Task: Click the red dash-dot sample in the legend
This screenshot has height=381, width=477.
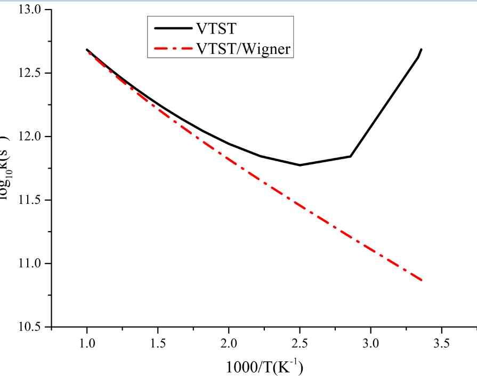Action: coord(171,49)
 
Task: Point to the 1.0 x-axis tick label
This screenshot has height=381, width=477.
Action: coord(87,342)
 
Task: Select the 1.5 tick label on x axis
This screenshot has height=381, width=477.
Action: coord(158,342)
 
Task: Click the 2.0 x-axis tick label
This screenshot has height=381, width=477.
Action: coord(229,342)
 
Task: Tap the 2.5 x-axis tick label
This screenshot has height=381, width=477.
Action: coord(300,342)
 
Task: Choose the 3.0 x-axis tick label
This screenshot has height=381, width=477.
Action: coord(370,342)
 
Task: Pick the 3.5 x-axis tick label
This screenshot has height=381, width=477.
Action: coord(441,342)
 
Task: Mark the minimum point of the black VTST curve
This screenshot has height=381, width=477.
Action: coord(300,165)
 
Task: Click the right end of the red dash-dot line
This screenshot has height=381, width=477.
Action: coord(422,280)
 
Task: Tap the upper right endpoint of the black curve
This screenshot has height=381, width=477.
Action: coord(421,49)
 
